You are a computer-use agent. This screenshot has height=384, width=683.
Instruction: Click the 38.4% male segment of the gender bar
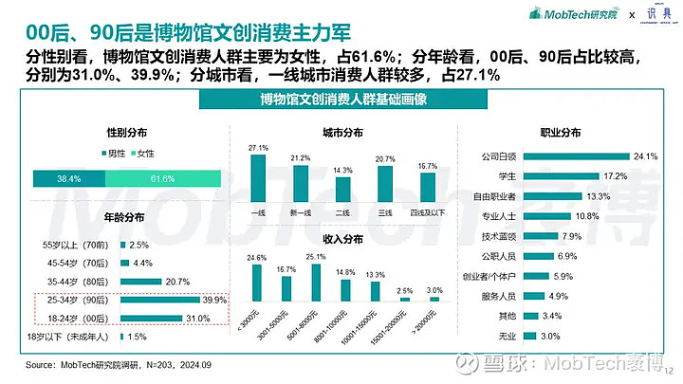(x=68, y=178)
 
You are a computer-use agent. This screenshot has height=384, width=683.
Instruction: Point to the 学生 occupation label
(x=509, y=176)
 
